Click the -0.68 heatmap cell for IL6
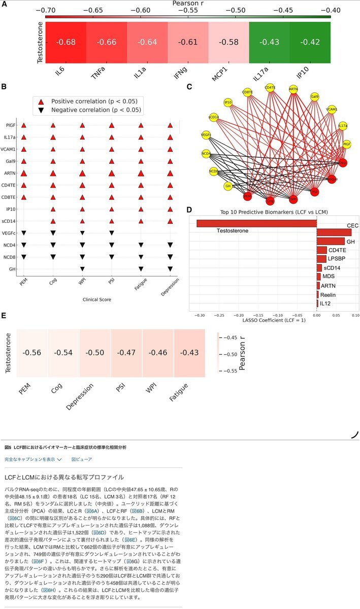coord(66,41)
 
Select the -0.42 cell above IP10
coord(310,41)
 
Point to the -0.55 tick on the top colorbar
coord(188,10)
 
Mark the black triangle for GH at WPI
coord(82,269)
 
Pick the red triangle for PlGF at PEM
coord(24,125)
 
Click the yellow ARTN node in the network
coord(293,89)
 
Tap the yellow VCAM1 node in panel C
coord(332,109)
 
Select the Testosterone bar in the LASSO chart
coord(256,223)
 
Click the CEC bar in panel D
coord(334,232)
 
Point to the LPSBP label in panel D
coord(337,259)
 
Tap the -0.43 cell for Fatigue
coord(189,353)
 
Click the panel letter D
coord(189,210)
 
